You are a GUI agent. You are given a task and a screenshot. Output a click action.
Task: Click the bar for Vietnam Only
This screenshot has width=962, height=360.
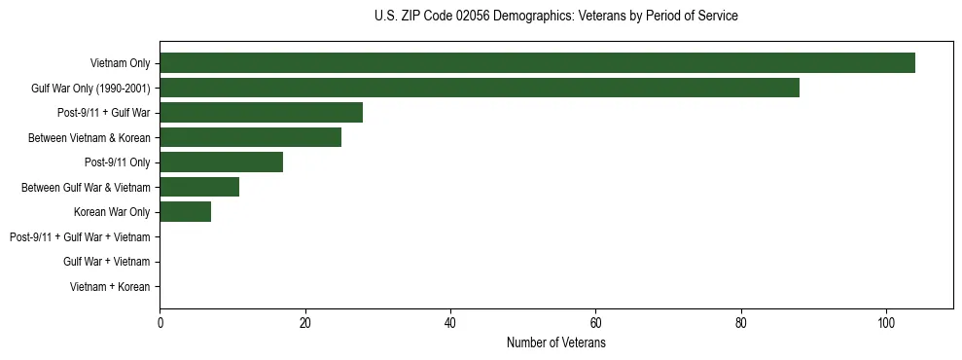click(x=537, y=63)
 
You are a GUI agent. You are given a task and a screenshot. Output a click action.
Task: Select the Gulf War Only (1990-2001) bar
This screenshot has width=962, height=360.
click(x=480, y=88)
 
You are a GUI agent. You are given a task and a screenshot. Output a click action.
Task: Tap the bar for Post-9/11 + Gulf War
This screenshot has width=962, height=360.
click(x=261, y=113)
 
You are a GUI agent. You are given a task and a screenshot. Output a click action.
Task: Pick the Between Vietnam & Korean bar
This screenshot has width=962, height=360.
click(x=250, y=137)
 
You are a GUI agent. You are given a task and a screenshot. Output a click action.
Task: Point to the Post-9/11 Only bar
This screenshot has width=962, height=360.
click(x=221, y=162)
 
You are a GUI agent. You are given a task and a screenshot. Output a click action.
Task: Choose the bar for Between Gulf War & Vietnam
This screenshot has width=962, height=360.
click(x=199, y=187)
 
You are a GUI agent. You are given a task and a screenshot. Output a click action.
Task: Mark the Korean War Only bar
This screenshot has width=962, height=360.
click(x=185, y=212)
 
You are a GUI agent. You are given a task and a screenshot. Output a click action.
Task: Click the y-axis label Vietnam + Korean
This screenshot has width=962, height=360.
click(x=110, y=287)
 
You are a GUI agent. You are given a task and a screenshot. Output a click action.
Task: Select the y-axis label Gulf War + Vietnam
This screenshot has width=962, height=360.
click(x=106, y=262)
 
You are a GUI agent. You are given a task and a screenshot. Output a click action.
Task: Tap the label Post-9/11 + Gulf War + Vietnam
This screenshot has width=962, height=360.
click(x=80, y=237)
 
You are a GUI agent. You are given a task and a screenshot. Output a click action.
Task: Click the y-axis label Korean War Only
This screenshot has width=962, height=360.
click(x=112, y=212)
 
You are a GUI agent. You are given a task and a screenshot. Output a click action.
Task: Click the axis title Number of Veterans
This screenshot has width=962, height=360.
click(x=556, y=343)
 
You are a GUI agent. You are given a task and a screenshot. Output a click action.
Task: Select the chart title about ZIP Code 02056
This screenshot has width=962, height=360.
click(x=556, y=17)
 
